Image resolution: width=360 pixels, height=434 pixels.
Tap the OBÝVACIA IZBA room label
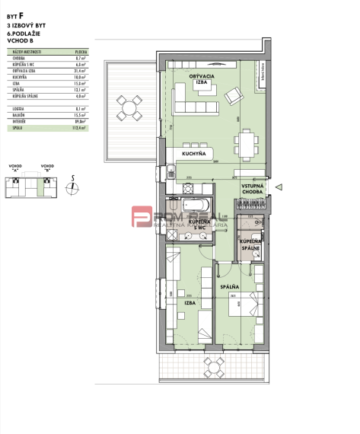click(x=202, y=78)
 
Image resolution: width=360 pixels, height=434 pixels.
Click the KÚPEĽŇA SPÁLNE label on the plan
click(x=250, y=244)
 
